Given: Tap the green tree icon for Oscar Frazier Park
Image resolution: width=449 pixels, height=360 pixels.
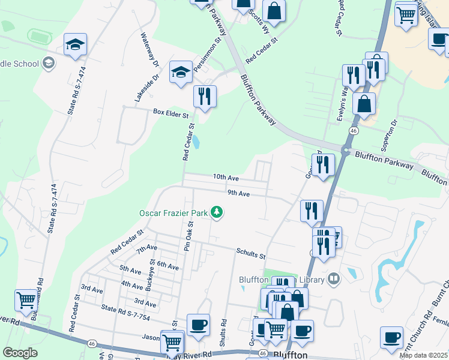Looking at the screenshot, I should click(217, 212).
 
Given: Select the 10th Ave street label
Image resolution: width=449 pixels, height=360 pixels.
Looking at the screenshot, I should click(226, 178).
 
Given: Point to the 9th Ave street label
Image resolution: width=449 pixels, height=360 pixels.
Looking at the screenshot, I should click(238, 193).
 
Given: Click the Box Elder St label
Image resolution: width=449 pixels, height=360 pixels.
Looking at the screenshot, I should click(170, 112).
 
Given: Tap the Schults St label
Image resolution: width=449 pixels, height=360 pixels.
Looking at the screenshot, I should click(250, 254).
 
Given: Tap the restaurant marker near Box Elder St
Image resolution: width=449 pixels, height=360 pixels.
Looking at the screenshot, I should click(205, 96).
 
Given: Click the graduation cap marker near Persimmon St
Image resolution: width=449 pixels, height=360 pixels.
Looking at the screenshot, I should click(181, 73).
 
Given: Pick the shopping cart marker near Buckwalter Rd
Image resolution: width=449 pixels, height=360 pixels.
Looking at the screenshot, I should click(26, 300).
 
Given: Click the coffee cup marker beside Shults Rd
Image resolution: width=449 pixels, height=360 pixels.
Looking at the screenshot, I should click(198, 325).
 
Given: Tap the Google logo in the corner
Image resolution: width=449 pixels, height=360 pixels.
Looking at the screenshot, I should click(20, 353).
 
